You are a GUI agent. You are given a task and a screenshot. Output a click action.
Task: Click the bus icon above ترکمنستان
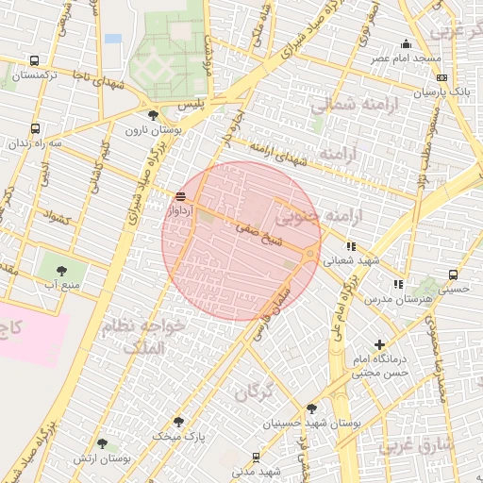pyautogui.click(x=35, y=59)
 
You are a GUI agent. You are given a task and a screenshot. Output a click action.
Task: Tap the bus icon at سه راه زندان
pyautogui.click(x=35, y=128)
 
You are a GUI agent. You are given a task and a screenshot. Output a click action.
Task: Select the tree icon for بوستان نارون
pyautogui.click(x=153, y=115)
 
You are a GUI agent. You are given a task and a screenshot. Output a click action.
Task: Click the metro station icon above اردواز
pyautogui.click(x=180, y=196)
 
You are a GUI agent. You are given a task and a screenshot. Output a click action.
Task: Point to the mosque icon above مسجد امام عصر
pyautogui.click(x=407, y=43)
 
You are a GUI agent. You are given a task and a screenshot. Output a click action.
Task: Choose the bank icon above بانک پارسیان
pyautogui.click(x=442, y=77)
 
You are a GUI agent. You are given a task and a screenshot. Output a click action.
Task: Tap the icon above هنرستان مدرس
pyautogui.click(x=398, y=283)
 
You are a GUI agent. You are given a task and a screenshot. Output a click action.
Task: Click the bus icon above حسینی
pyautogui.click(x=453, y=275)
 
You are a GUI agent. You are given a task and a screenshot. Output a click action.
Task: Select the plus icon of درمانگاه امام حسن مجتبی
pyautogui.click(x=380, y=344)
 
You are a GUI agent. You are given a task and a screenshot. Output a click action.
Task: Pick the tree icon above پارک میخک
pyautogui.click(x=179, y=422)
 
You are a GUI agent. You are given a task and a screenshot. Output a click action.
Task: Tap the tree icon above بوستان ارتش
pyautogui.click(x=102, y=443)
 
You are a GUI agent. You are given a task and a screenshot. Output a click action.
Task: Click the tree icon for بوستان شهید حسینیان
pyautogui.click(x=311, y=408)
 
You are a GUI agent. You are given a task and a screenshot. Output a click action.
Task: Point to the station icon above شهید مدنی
pyautogui.click(x=257, y=457)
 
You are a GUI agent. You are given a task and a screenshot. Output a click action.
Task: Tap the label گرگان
pyautogui.click(x=253, y=391)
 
